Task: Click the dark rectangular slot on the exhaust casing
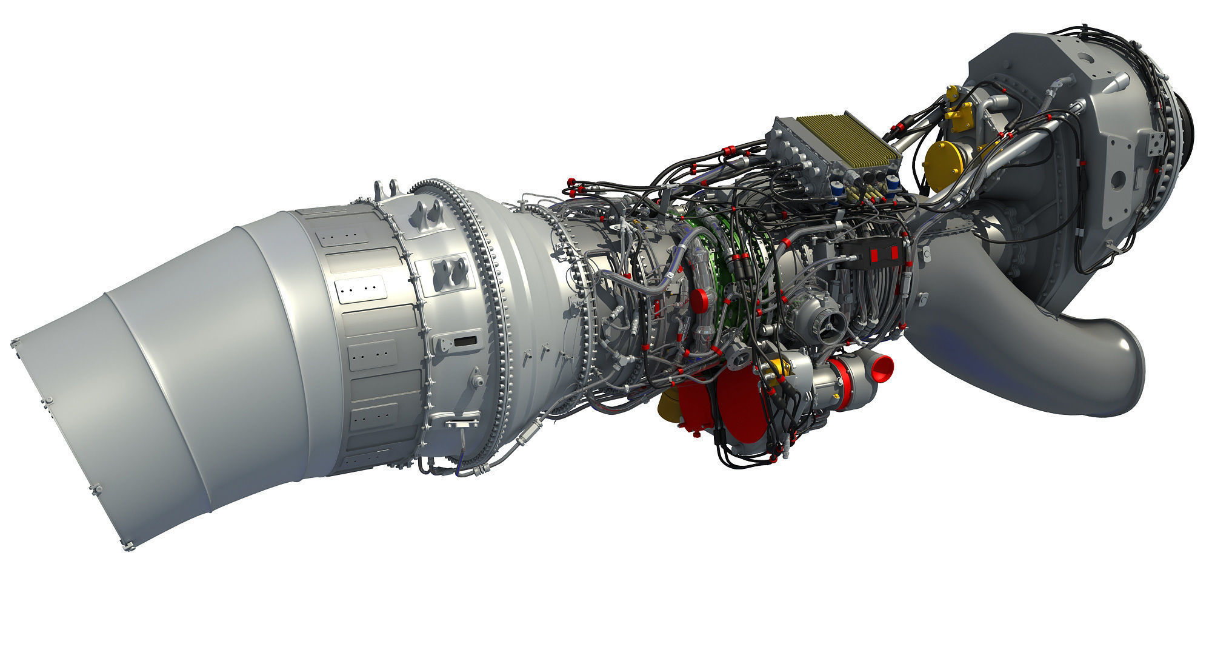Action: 465,341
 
